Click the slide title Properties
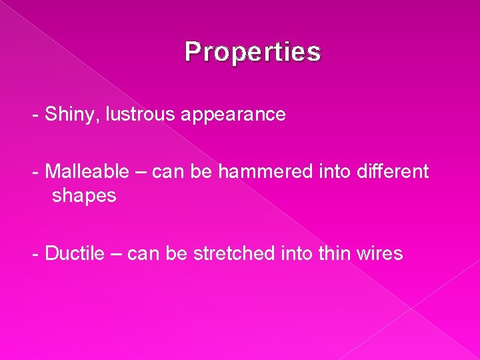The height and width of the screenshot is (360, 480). pos(253,51)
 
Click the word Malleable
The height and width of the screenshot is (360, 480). pos(87,171)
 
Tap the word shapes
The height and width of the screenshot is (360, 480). pos(84,197)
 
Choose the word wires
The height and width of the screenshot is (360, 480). pos(380,254)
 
